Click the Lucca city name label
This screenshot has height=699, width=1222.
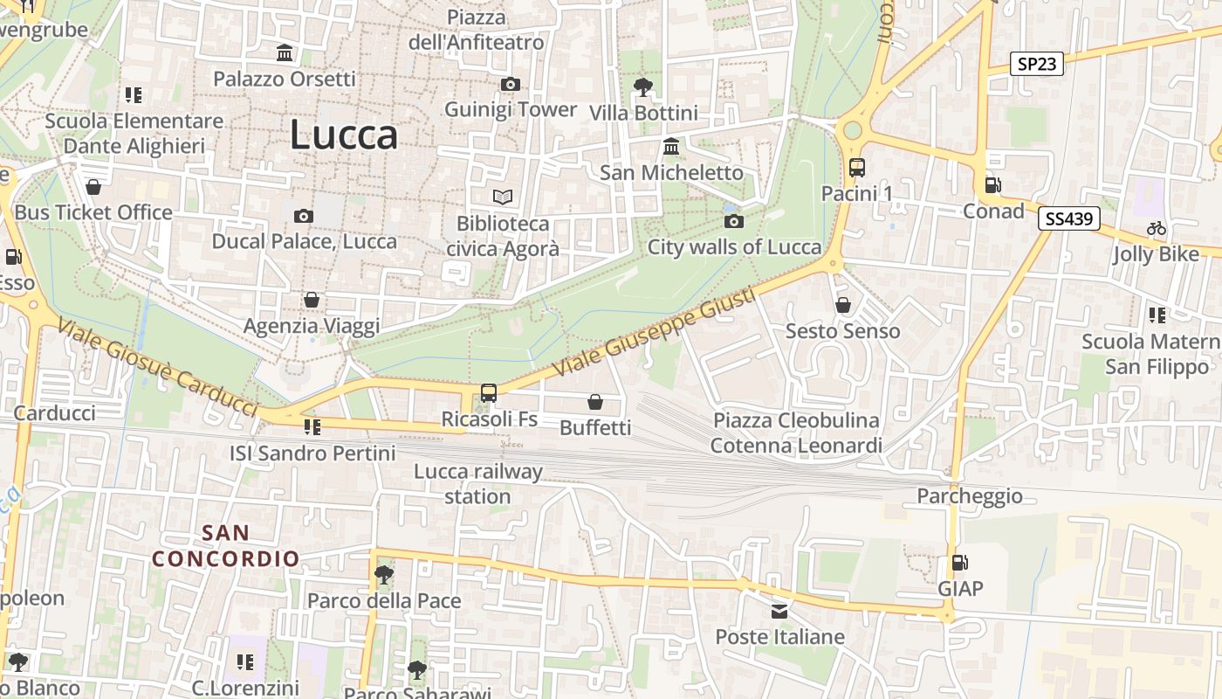click(343, 135)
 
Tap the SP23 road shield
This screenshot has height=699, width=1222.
click(1037, 64)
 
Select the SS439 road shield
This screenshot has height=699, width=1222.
click(1069, 218)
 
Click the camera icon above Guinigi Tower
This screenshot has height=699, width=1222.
click(511, 84)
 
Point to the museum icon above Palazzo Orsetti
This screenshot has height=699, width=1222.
click(285, 53)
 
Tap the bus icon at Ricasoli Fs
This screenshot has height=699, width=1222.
click(489, 393)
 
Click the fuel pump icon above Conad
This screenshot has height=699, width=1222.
click(992, 185)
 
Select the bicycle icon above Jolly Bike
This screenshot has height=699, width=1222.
click(1157, 229)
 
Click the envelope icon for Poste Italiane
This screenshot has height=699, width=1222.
click(779, 611)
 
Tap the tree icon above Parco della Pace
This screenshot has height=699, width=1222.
click(383, 575)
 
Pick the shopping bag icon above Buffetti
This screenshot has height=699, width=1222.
click(595, 402)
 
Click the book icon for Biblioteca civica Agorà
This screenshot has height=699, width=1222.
click(503, 197)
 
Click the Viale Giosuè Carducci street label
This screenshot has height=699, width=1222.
click(158, 367)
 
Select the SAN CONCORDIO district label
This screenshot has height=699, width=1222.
click(226, 545)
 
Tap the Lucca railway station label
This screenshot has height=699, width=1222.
click(477, 484)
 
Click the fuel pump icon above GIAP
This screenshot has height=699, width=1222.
click(959, 563)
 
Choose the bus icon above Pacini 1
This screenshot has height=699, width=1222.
click(857, 168)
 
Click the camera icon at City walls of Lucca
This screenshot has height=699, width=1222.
click(734, 221)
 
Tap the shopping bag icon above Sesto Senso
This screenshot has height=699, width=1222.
click(843, 305)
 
